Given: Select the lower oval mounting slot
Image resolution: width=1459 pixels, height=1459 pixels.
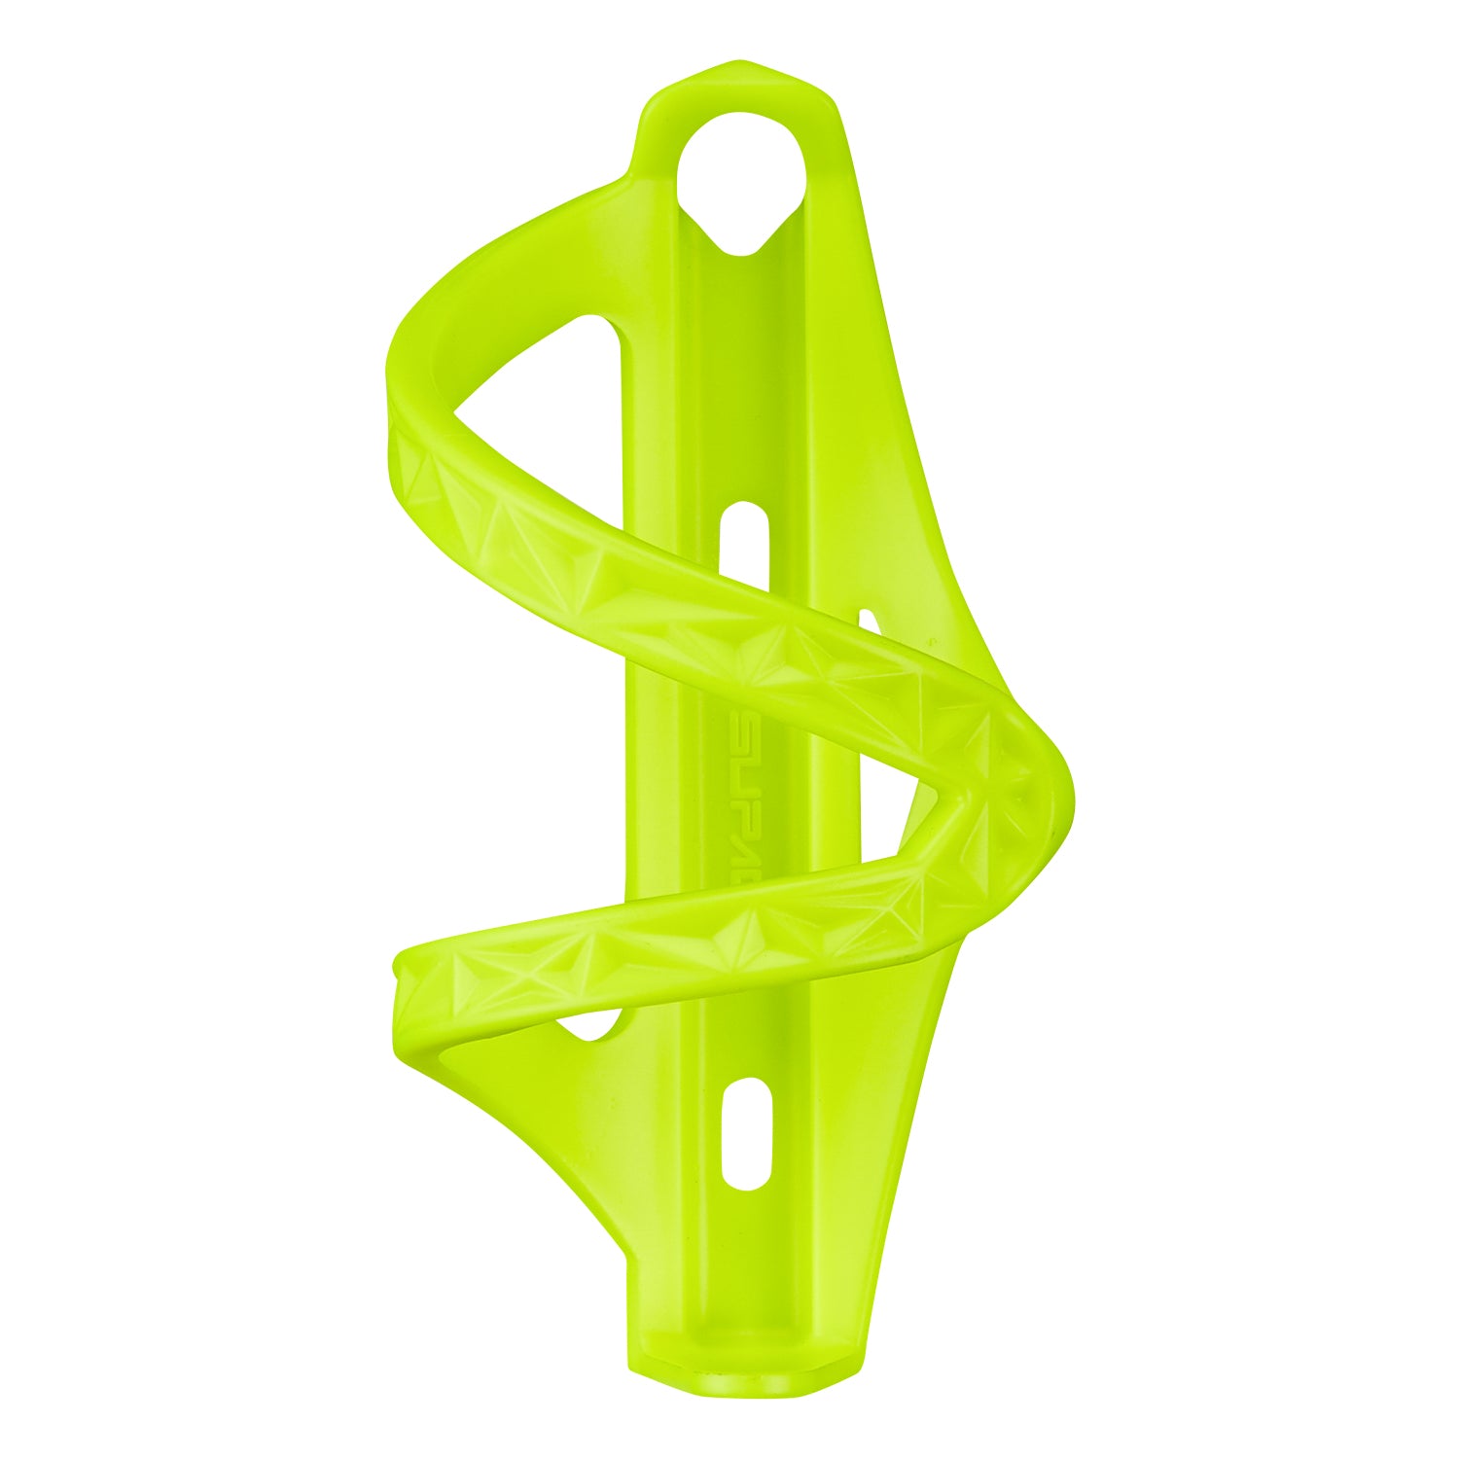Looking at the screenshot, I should pyautogui.click(x=746, y=1133).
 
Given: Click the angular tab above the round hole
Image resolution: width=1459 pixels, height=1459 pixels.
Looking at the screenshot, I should pyautogui.click(x=739, y=88).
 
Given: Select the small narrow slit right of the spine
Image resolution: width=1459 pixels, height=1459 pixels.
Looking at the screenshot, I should pyautogui.click(x=869, y=623).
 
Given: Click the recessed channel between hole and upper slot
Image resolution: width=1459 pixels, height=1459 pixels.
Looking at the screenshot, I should pyautogui.click(x=744, y=389).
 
